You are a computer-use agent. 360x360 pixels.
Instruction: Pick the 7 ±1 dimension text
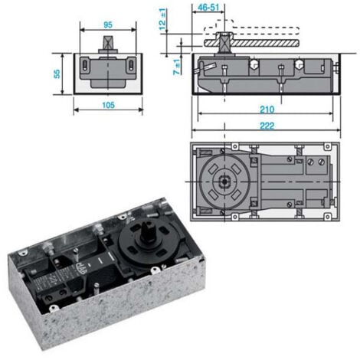177,66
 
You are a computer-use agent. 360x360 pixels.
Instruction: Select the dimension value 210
267,110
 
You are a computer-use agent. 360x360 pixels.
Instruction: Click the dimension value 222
267,126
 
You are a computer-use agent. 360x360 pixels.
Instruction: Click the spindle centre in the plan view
222,182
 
